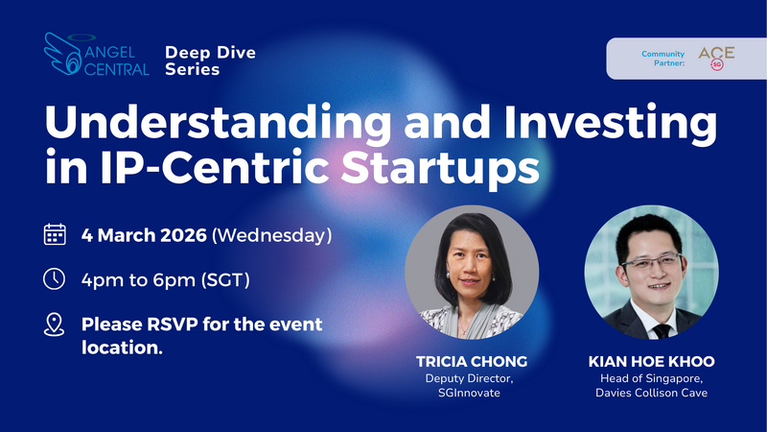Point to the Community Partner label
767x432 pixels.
click(664, 59)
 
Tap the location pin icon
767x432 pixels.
click(56, 325)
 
